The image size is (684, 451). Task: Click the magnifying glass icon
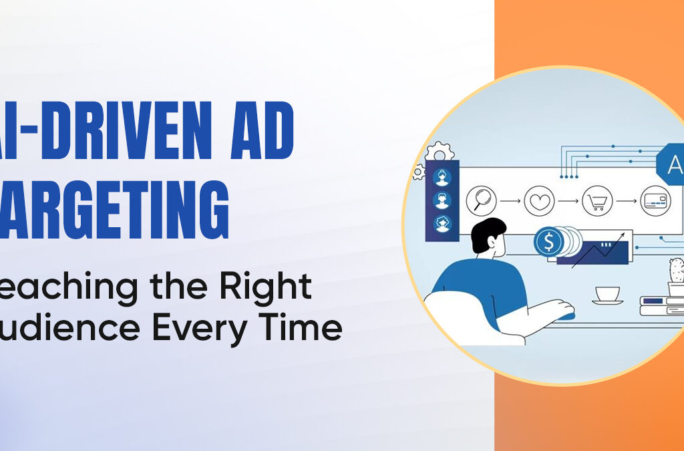click(x=482, y=199)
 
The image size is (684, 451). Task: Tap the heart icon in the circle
click(x=539, y=200)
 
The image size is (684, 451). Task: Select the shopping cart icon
click(x=596, y=200)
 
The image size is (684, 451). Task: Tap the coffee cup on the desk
click(x=607, y=294)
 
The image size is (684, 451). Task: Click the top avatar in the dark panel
click(x=442, y=176)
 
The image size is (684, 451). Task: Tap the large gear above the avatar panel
click(x=439, y=152)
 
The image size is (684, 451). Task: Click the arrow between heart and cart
click(x=568, y=200)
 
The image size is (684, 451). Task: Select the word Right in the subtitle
click(x=271, y=287)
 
